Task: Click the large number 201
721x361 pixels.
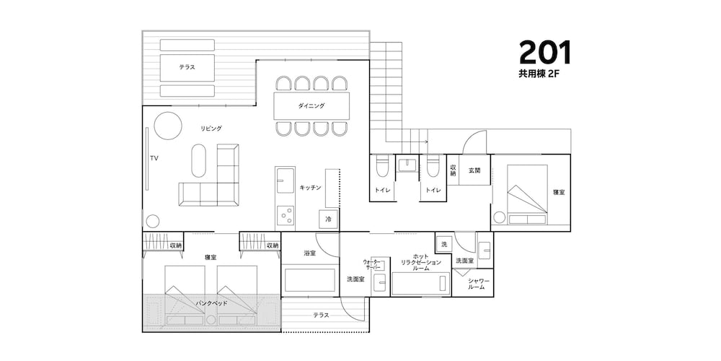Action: [x=545, y=52]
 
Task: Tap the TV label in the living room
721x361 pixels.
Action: [x=154, y=158]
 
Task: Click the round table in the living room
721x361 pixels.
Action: [x=168, y=126]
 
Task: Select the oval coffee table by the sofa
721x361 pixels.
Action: [x=199, y=161]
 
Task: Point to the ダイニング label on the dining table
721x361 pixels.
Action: [x=311, y=106]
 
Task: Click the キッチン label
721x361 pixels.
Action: [x=310, y=188]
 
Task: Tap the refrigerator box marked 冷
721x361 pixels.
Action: [x=328, y=219]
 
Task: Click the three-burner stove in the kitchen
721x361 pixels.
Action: [x=286, y=217]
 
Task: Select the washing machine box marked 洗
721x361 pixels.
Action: [x=443, y=245]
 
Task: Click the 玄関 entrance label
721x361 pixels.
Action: [x=474, y=170]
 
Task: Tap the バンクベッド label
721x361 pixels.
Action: [x=211, y=303]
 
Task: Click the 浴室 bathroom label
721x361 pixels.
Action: [x=309, y=253]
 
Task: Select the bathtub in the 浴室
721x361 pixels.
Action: [x=309, y=280]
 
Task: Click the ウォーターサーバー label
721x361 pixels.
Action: [x=372, y=264]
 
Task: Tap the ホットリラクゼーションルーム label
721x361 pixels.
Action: [x=421, y=262]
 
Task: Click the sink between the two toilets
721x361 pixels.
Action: [x=407, y=165]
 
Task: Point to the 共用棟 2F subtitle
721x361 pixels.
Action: [x=539, y=73]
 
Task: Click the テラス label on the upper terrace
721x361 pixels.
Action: [x=187, y=67]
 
